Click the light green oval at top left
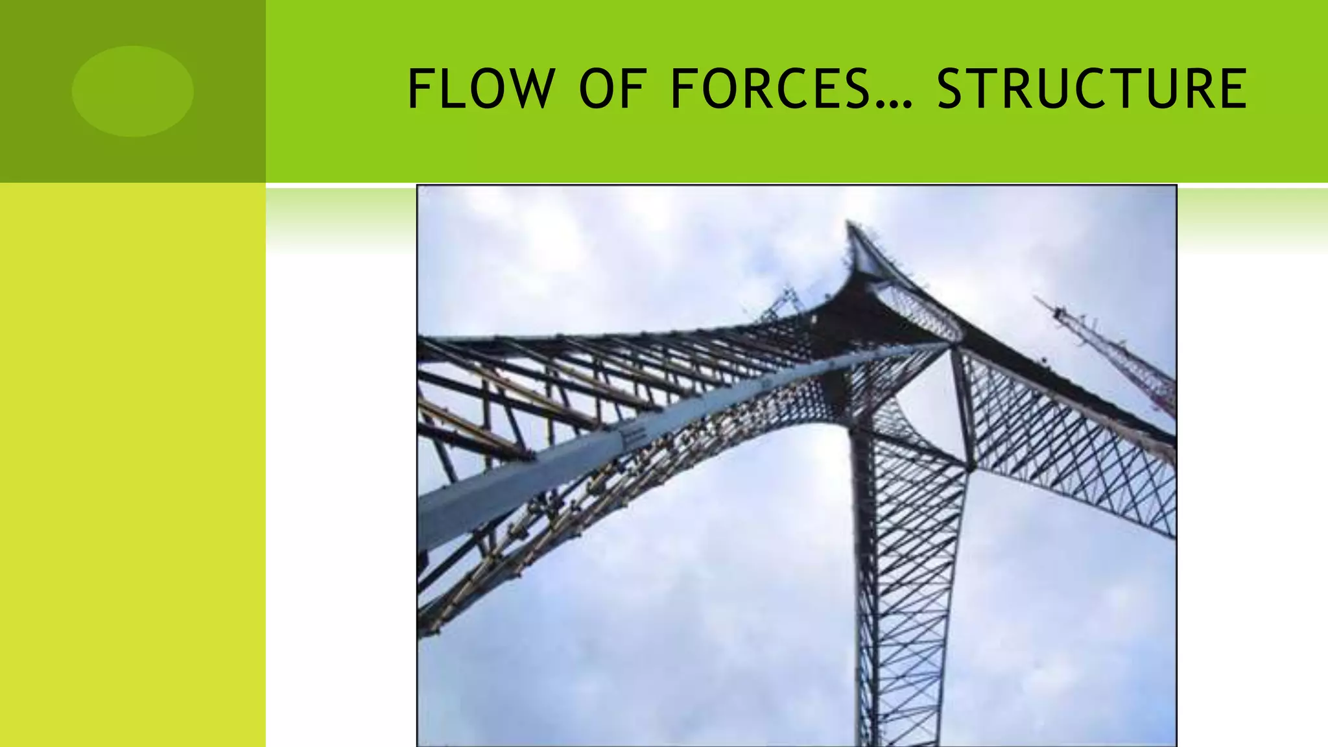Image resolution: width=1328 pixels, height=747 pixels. tap(132, 91)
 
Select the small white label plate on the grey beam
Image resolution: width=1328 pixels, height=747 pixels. tap(632, 437)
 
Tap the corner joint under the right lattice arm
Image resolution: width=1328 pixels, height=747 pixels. tap(970, 466)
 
